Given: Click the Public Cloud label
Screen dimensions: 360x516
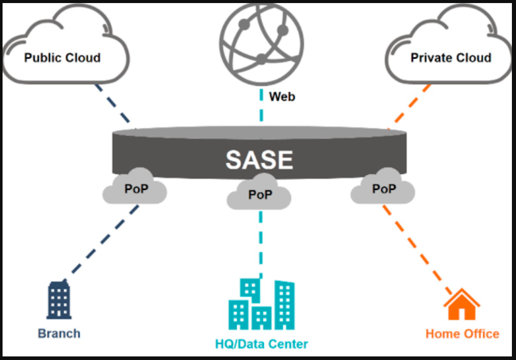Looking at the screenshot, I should tap(62, 58).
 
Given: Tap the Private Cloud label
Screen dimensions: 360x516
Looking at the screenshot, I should tap(451, 58).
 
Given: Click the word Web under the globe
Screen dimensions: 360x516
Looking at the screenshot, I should tap(282, 96).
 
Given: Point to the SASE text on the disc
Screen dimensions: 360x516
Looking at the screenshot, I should tap(259, 160).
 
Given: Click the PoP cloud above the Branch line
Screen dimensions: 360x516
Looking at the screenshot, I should tap(135, 189).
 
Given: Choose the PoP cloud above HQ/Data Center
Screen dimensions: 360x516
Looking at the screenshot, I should tap(260, 195).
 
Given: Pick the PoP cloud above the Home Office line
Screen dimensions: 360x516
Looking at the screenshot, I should tap(383, 189).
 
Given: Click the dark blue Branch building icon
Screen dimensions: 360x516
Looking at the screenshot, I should tap(59, 300).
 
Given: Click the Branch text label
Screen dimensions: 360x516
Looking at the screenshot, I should tap(59, 334).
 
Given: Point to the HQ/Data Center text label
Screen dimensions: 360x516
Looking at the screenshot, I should tap(261, 344).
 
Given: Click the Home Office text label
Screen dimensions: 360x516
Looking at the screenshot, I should tap(462, 334).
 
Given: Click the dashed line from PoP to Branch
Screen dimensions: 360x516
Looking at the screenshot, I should tap(105, 240).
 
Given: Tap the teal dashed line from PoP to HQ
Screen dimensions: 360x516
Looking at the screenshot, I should tap(261, 240).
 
